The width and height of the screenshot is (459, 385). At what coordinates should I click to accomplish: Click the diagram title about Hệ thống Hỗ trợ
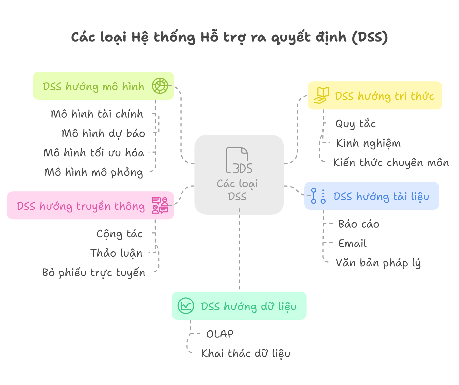point(229,37)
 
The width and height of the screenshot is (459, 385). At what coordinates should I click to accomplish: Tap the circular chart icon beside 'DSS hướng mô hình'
point(160,86)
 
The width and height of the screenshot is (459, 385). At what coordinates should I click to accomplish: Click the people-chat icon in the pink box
point(160,205)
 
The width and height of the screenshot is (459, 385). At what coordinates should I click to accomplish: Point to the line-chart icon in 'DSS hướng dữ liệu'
point(186,306)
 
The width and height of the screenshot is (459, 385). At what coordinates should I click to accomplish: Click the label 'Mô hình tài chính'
point(97,114)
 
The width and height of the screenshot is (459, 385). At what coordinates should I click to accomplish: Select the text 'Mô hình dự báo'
point(103,133)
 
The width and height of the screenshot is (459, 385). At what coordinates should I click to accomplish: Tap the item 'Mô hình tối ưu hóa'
point(94,153)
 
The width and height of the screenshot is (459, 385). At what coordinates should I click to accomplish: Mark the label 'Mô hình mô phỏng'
point(94,172)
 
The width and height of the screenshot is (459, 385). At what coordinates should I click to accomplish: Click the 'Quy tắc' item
point(355,124)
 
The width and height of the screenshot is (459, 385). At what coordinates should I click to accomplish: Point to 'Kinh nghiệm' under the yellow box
point(368,143)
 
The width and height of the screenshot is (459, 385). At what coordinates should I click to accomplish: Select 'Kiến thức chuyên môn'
point(391,163)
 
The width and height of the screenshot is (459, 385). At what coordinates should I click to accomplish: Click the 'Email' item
point(352,243)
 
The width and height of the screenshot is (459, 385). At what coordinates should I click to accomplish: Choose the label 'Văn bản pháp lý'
point(378,263)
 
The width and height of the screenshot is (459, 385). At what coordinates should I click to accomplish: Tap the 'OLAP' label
point(220,334)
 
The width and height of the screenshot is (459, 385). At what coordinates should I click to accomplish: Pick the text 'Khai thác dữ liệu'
point(246,353)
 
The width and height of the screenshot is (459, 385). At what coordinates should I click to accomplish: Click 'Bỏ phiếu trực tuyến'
point(94,273)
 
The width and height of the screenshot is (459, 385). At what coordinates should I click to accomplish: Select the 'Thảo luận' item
point(116,253)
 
